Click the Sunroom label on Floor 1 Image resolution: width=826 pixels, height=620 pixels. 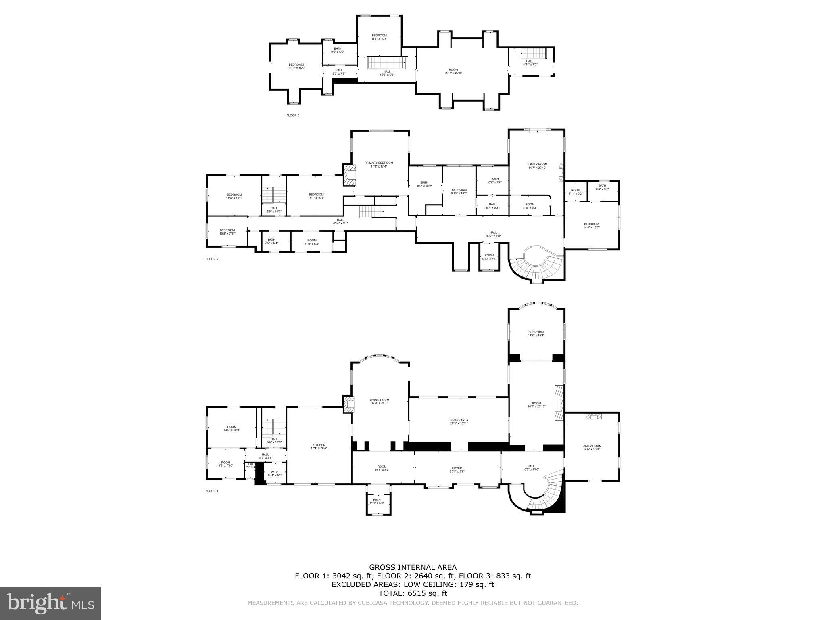536,333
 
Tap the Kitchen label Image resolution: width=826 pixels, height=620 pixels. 318,446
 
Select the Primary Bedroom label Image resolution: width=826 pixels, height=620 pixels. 378,164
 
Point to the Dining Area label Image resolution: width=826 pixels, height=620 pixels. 459,421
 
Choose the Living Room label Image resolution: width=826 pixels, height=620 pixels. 379,401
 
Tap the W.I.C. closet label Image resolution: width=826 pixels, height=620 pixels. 275,473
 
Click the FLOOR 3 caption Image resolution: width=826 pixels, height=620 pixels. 293,115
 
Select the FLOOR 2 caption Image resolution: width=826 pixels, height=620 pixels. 212,259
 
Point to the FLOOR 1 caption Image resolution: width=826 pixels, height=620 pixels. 212,491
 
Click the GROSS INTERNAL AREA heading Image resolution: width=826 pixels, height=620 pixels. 413,568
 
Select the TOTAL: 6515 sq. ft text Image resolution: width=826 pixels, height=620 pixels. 413,593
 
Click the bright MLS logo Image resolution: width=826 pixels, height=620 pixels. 50,603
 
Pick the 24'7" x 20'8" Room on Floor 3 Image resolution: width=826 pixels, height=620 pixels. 453,71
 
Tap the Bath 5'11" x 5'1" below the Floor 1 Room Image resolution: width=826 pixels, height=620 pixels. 377,501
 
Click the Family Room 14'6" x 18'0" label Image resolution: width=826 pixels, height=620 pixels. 591,447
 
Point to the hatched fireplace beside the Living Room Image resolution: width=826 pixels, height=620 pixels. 348,404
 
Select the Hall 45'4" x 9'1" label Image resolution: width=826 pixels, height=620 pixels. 340,221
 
